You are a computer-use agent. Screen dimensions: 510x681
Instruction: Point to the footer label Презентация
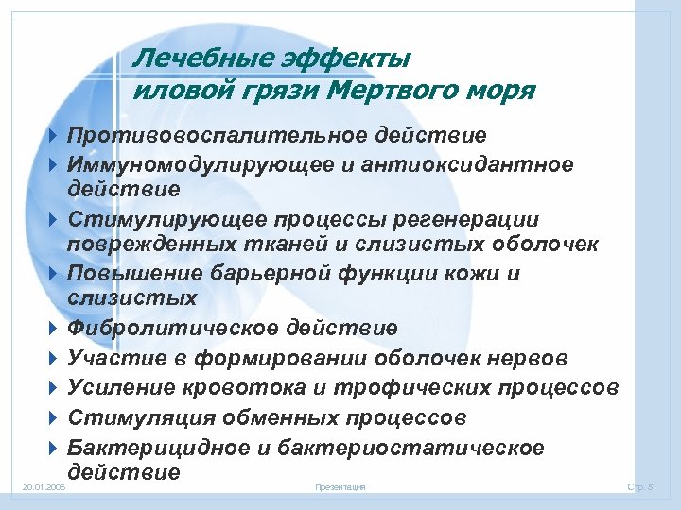pyautogui.click(x=340, y=486)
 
